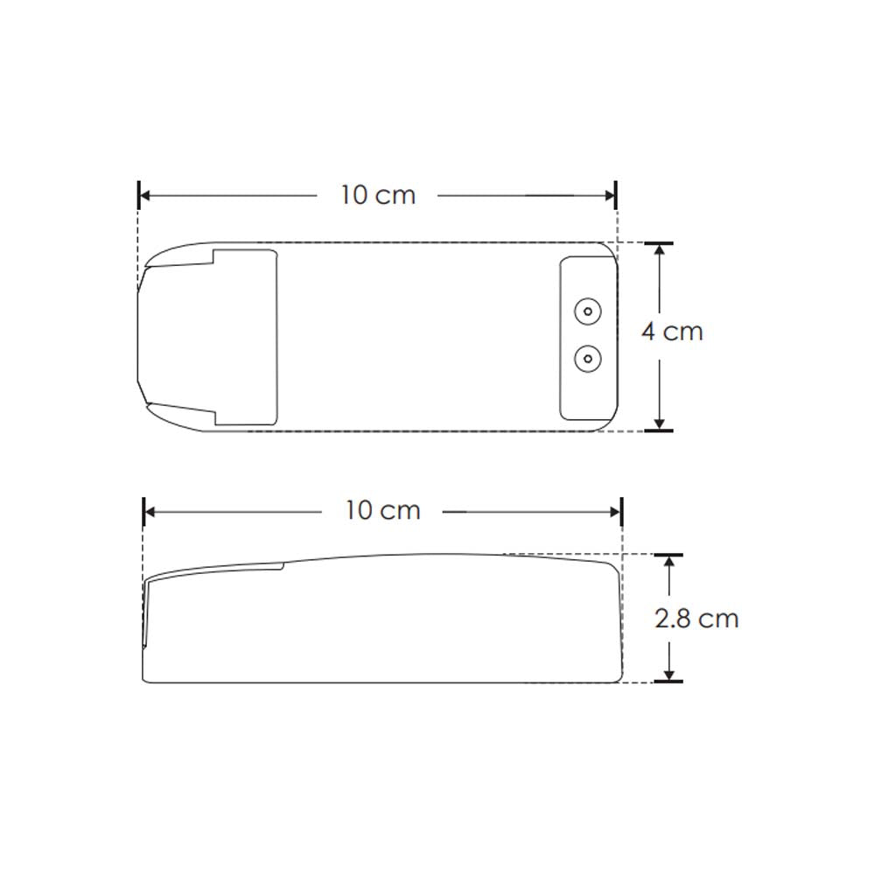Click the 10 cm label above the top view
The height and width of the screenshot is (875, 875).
click(378, 195)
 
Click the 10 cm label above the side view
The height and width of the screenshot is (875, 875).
click(383, 510)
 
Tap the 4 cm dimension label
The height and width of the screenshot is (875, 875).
click(672, 332)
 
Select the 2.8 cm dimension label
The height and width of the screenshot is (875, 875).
click(696, 619)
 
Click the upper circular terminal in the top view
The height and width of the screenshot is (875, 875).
click(586, 310)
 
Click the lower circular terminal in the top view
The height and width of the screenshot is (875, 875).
click(586, 357)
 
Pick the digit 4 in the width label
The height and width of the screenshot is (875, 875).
click(648, 332)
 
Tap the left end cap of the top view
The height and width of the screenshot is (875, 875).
click(175, 336)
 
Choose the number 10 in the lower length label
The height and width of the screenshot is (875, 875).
click(360, 510)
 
